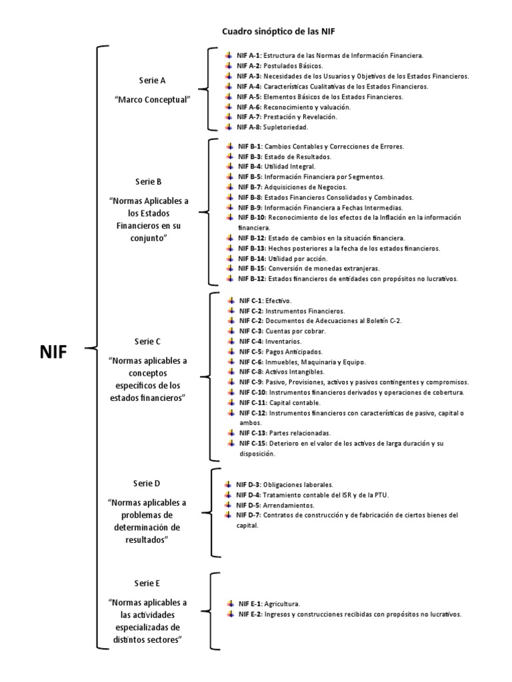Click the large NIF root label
pyautogui.click(x=53, y=352)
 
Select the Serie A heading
pyautogui.click(x=152, y=80)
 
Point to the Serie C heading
pyautogui.click(x=147, y=341)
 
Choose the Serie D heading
pyautogui.click(x=147, y=483)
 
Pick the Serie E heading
pyautogui.click(x=147, y=583)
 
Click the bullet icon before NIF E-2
pyautogui.click(x=229, y=613)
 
